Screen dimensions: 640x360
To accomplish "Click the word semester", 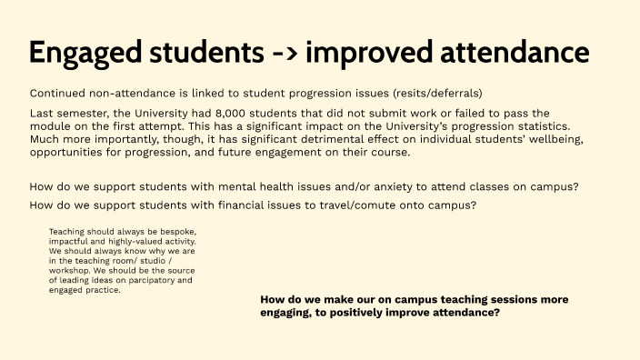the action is point(88,112).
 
